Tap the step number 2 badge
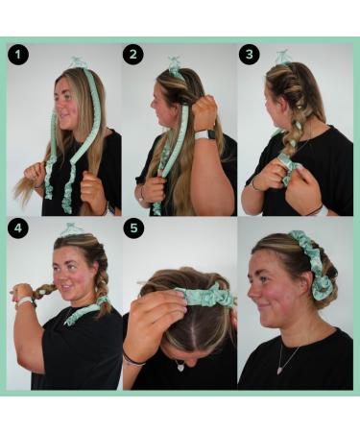click(133, 55)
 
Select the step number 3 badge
click(251, 55)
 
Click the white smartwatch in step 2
click(201, 135)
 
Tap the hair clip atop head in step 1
click(78, 63)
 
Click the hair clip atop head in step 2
click(175, 65)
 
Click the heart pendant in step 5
click(180, 365)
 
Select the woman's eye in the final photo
click(263, 273)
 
